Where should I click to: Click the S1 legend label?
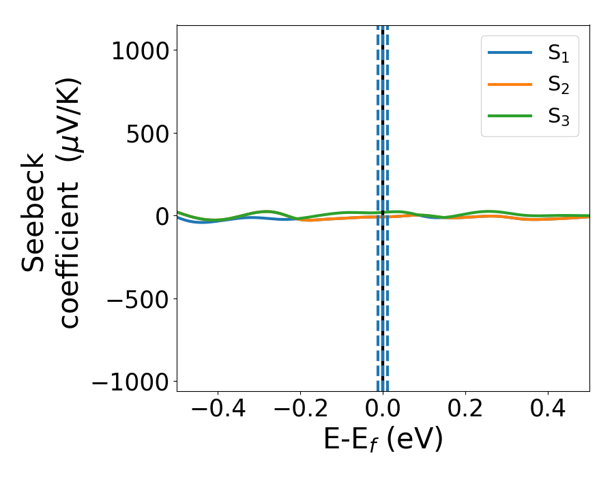558,55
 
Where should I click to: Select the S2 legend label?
558,85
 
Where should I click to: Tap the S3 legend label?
558,117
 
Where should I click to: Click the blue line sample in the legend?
510,54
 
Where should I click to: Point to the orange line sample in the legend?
510,84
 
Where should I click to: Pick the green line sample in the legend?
510,116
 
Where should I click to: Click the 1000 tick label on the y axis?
140,50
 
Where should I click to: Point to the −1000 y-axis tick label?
130,382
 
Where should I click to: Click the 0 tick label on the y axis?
161,216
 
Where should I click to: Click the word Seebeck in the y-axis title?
34,213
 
